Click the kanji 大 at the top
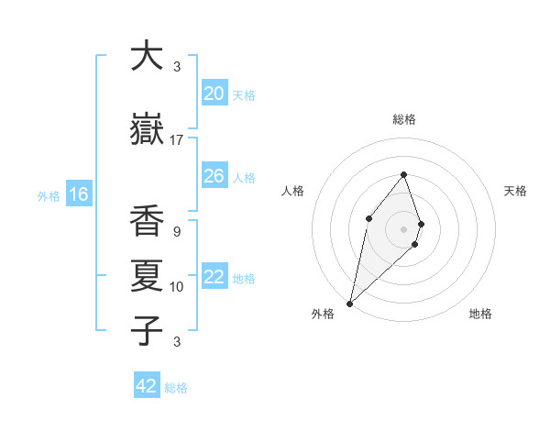click(x=147, y=56)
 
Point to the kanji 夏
click(x=147, y=275)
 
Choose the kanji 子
click(x=147, y=329)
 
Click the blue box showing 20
click(x=214, y=94)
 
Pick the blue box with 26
click(x=214, y=176)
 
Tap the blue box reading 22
click(x=214, y=277)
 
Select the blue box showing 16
click(x=79, y=193)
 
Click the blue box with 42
click(x=147, y=386)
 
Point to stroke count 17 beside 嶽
click(x=177, y=140)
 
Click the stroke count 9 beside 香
click(x=176, y=232)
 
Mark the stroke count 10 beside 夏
click(x=177, y=287)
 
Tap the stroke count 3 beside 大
click(x=176, y=67)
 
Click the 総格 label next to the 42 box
click(x=176, y=388)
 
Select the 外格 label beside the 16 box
click(x=49, y=195)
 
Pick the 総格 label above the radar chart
click(x=403, y=119)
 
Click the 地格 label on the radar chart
click(x=480, y=314)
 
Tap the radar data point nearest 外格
click(x=349, y=303)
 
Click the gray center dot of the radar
click(x=403, y=228)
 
